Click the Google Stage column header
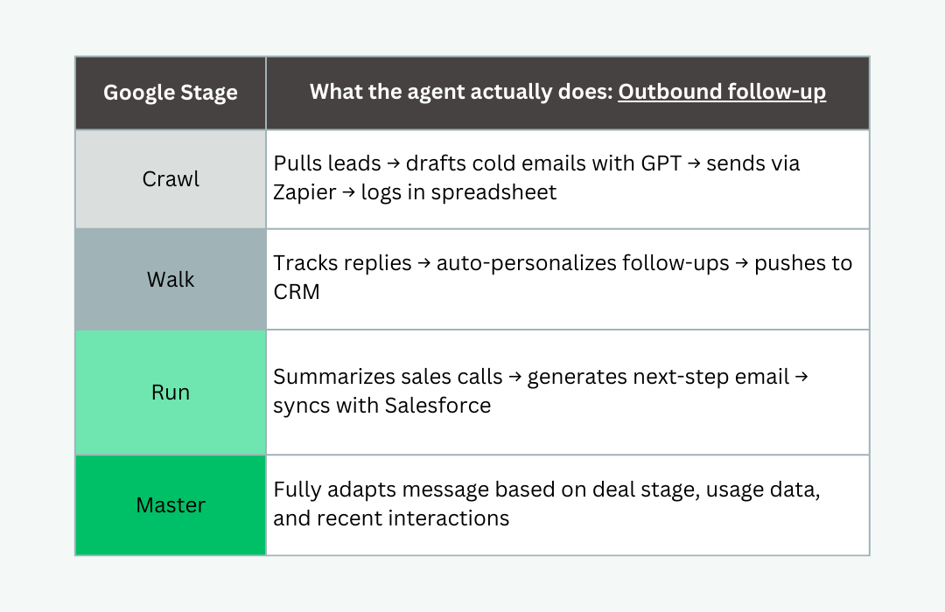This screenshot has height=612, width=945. [171, 93]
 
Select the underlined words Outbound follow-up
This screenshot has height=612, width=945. [722, 92]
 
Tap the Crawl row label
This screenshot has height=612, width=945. [171, 179]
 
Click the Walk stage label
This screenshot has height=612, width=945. [171, 280]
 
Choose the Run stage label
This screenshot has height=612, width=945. [171, 393]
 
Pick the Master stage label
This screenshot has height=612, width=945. [171, 504]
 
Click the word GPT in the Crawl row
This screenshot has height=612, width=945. [661, 163]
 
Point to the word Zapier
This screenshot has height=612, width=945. [304, 192]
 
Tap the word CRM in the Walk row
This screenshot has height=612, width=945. [297, 292]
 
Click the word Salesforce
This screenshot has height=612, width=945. [437, 406]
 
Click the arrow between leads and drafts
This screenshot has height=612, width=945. [394, 163]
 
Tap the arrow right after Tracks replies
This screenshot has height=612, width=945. [424, 264]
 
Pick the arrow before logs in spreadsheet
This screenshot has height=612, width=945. [348, 192]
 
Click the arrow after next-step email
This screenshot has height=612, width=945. [801, 378]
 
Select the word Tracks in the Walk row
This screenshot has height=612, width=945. [304, 263]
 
